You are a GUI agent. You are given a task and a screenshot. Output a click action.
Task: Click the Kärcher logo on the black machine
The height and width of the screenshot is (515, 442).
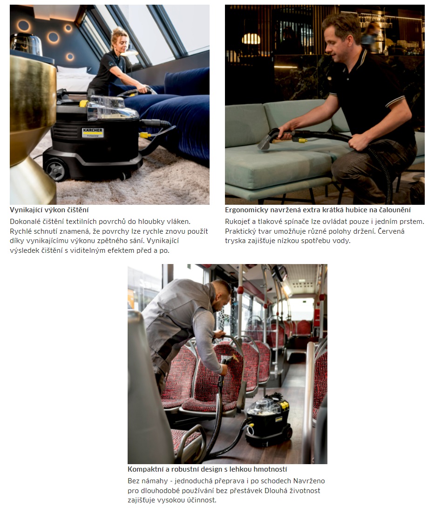pos(93,132)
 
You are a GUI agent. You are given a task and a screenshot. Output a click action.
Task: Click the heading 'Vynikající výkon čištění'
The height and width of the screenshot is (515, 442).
pos(49,210)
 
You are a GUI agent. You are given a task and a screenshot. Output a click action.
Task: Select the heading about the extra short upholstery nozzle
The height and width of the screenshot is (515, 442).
pos(318,210)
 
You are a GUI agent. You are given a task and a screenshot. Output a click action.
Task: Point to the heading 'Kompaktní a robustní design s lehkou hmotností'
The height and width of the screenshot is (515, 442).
pos(207,469)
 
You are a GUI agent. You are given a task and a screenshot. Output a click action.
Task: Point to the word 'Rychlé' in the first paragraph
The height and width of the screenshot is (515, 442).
pos(20,231)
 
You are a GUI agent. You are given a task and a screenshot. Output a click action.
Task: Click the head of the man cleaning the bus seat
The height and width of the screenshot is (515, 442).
pos(221,295)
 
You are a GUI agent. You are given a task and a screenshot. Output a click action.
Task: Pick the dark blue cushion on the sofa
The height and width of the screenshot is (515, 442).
pos(187,81)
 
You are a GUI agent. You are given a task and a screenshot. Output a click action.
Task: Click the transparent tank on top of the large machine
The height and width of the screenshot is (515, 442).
pos(111,107)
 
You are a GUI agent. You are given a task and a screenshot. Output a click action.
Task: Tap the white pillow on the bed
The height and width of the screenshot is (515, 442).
pos(73,70)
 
